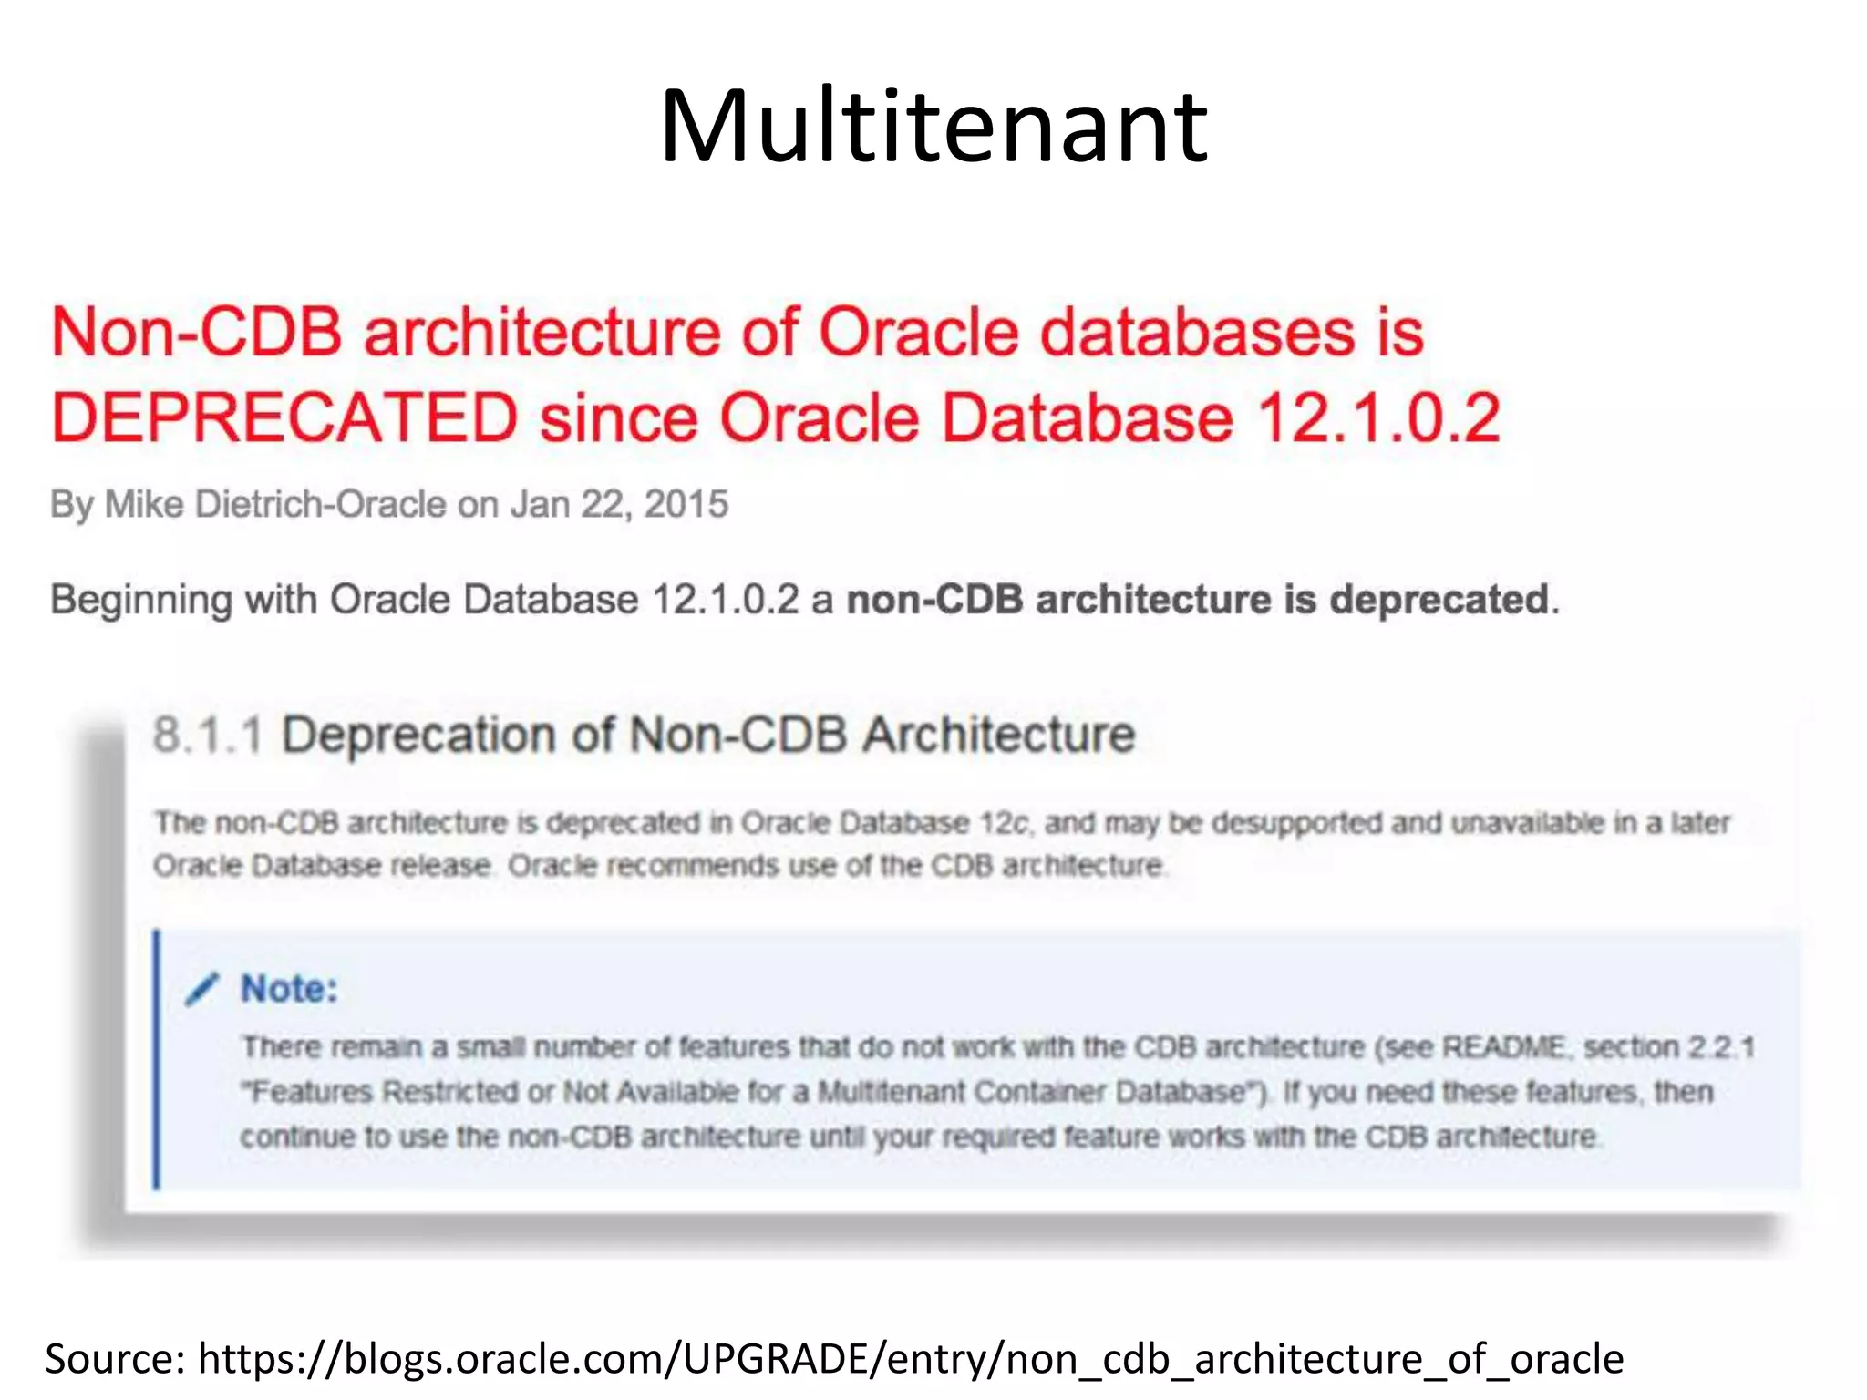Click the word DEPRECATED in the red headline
click(x=284, y=418)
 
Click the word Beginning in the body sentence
click(x=141, y=601)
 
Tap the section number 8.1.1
click(x=208, y=735)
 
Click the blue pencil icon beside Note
click(x=202, y=989)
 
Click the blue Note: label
click(x=289, y=989)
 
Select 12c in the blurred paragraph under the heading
click(x=1006, y=823)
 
